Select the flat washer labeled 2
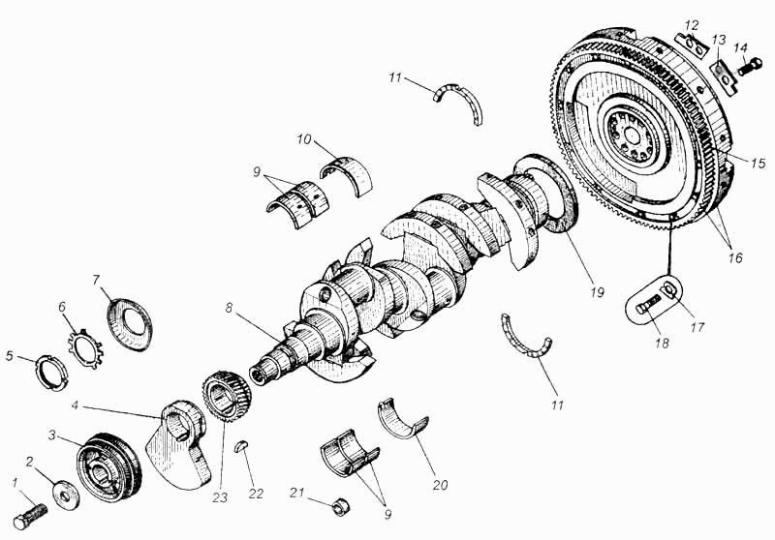(x=67, y=494)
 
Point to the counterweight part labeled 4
(x=179, y=444)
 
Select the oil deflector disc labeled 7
(x=130, y=324)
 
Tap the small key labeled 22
(x=241, y=447)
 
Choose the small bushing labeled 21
(x=340, y=506)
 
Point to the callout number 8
(x=228, y=308)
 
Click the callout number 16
(x=735, y=257)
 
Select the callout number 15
(x=759, y=163)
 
